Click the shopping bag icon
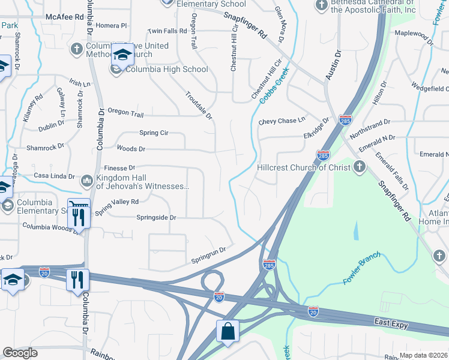click(x=228, y=331)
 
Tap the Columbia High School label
click(x=166, y=69)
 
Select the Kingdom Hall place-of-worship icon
click(x=87, y=180)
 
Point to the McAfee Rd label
click(x=66, y=17)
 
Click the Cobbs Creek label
click(x=274, y=85)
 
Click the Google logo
click(x=20, y=353)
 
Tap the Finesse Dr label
click(x=120, y=169)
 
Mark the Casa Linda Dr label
click(x=54, y=177)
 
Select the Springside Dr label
click(x=156, y=217)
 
